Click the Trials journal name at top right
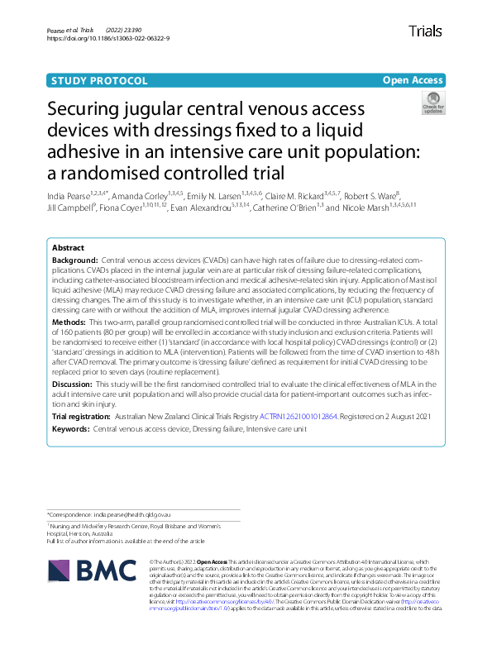click(x=425, y=32)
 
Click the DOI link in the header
click(x=108, y=38)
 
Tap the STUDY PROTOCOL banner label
click(x=99, y=80)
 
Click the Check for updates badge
click(x=432, y=104)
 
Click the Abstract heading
click(x=68, y=248)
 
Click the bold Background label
click(x=74, y=260)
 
